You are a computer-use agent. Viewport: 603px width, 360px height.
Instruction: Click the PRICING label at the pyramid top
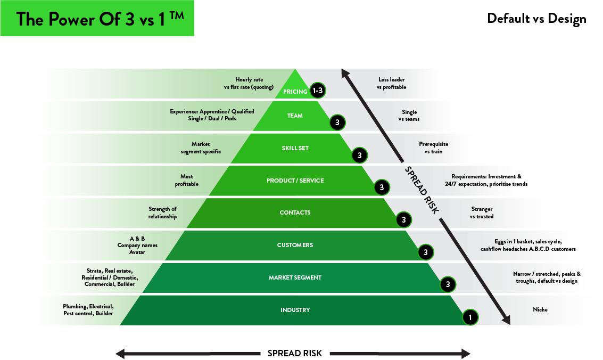pyautogui.click(x=295, y=92)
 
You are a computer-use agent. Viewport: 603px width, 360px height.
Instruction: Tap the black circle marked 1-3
pyautogui.click(x=318, y=91)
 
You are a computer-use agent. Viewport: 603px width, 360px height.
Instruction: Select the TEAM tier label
pyautogui.click(x=295, y=116)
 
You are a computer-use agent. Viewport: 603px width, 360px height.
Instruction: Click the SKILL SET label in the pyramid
pyautogui.click(x=295, y=148)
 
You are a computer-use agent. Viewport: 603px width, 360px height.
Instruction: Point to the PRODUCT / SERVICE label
pyautogui.click(x=295, y=181)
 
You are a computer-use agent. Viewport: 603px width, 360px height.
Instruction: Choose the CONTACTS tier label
pyautogui.click(x=295, y=212)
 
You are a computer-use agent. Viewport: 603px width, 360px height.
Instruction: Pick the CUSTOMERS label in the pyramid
pyautogui.click(x=295, y=245)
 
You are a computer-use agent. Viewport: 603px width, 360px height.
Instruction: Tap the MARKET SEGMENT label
pyautogui.click(x=295, y=277)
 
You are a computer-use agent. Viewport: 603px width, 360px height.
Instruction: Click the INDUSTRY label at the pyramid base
pyautogui.click(x=295, y=310)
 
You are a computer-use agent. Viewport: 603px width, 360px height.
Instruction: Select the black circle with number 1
pyautogui.click(x=470, y=317)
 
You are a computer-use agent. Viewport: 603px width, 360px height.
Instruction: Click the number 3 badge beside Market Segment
pyautogui.click(x=448, y=285)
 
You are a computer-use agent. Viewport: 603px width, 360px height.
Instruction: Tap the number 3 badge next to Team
pyautogui.click(x=337, y=123)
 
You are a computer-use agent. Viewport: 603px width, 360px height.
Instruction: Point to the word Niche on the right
pyautogui.click(x=540, y=309)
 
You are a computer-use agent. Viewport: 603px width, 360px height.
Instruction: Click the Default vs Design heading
pyautogui.click(x=536, y=19)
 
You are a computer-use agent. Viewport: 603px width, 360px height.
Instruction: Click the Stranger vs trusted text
pyautogui.click(x=482, y=212)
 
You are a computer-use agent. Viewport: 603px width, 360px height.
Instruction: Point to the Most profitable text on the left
pyautogui.click(x=186, y=180)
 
